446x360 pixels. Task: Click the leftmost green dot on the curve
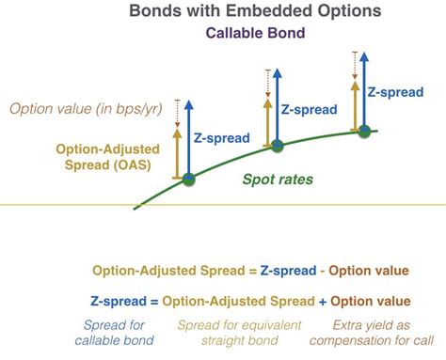[188, 178]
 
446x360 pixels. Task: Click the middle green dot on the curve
[277, 145]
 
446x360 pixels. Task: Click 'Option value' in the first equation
[367, 271]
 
